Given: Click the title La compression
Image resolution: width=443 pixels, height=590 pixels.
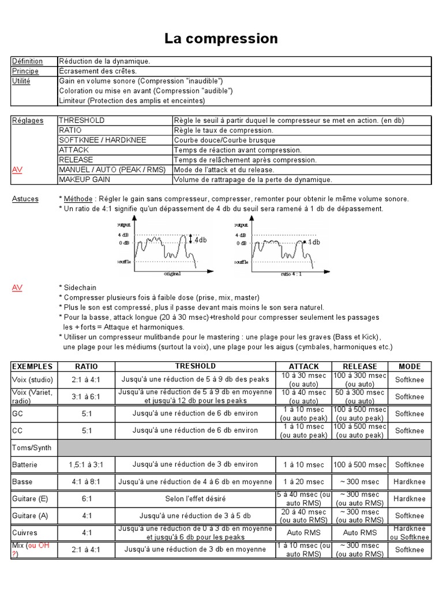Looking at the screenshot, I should pos(221,39).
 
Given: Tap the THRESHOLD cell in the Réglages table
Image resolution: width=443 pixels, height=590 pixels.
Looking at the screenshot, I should pos(81,120).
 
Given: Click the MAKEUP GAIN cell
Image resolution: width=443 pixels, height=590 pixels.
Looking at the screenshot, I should pos(84,179).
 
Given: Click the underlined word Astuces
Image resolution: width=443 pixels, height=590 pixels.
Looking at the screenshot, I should pos(25,199).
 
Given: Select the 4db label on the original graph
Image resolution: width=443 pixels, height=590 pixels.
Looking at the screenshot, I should pos(200,240).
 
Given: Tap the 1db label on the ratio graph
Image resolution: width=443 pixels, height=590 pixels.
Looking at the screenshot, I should pos(314,243).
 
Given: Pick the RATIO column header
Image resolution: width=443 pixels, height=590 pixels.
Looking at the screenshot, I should pos(87,366).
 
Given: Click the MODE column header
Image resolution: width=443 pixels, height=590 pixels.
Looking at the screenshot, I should pos(410,366).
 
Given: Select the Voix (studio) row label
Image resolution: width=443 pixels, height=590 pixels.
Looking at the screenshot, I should pos(32,380).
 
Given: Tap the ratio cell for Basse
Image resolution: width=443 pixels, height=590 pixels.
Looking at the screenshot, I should pos(87,482).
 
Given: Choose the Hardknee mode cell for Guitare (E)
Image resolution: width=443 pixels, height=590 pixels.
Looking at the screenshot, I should pos(410,498).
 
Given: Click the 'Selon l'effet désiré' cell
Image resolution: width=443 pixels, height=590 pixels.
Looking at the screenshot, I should pos(196,498).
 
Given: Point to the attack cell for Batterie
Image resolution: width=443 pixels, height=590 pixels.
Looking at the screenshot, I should pos(303,464).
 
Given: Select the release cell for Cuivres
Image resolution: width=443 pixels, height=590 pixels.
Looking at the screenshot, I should pos(360,532).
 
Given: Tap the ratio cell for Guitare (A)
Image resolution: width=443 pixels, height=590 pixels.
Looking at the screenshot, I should pos(87,516).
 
